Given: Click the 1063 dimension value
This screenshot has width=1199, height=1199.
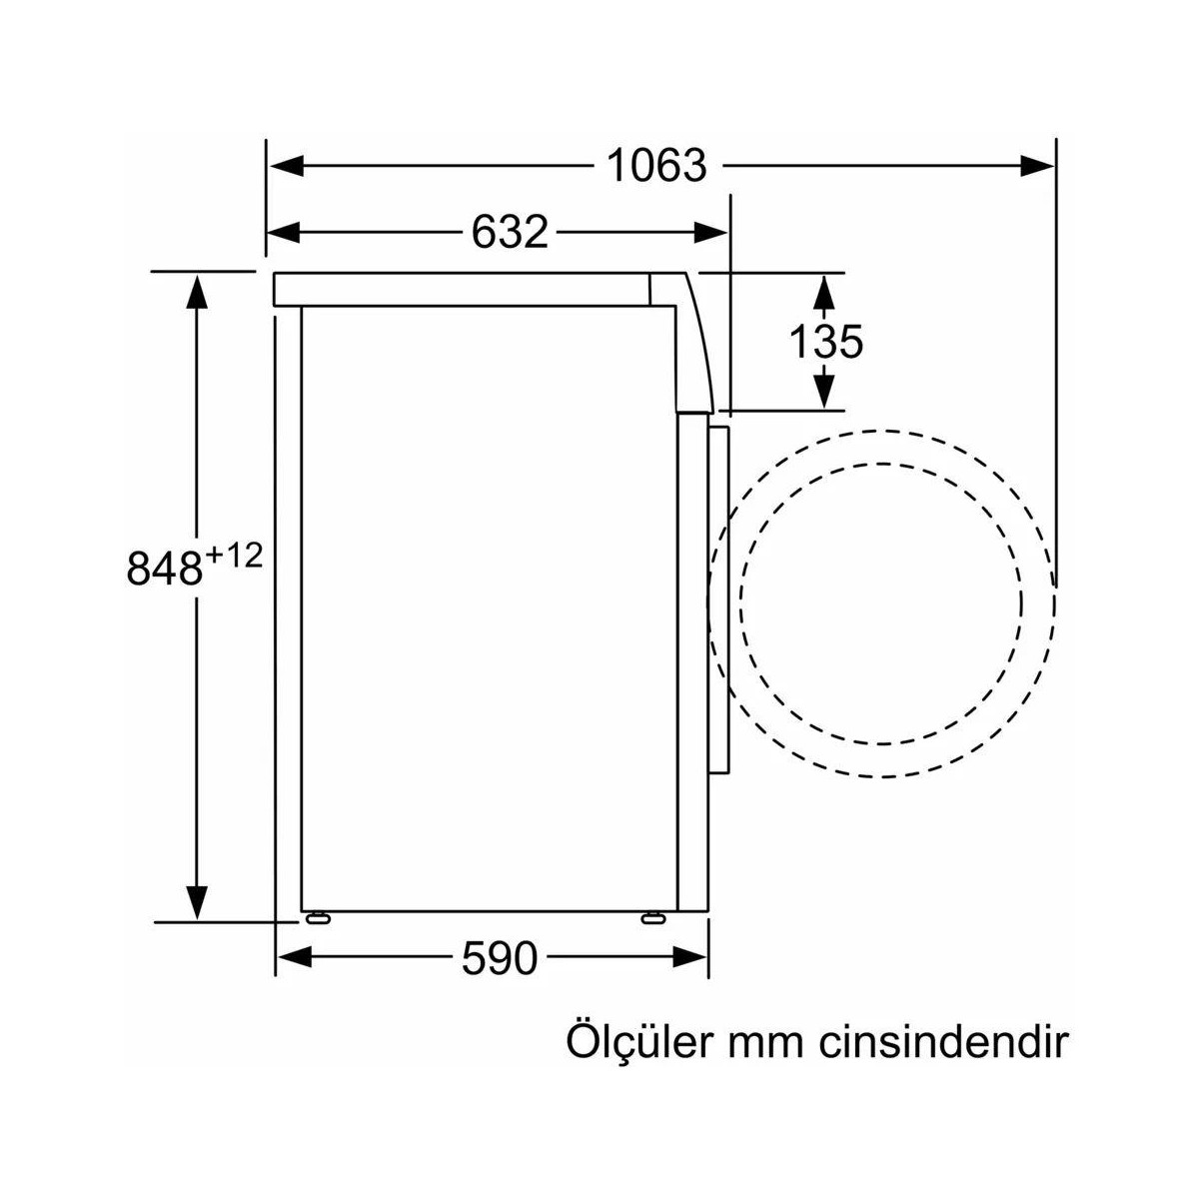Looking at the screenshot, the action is click(657, 166).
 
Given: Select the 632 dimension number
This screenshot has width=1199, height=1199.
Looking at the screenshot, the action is click(510, 232).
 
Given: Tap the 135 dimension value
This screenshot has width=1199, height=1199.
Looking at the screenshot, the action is click(825, 342).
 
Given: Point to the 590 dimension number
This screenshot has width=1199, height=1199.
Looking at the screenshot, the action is click(500, 958).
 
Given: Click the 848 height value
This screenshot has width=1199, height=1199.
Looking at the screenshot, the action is click(165, 569).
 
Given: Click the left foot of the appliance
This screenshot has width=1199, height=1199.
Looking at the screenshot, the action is click(318, 916).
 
